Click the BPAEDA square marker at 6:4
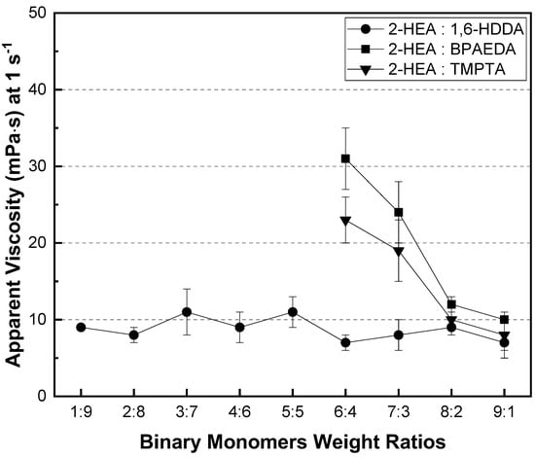pos(345,158)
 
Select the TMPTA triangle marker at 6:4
pos(345,221)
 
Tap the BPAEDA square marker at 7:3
pos(398,213)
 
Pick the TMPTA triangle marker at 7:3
pos(398,252)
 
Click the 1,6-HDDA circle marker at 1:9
pos(81,328)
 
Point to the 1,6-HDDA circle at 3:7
pos(187,312)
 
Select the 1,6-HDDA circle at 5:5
pos(293,312)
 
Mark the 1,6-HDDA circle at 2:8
pos(134,334)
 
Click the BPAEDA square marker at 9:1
pos(504,320)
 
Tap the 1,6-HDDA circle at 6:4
pos(345,342)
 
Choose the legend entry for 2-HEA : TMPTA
pos(426,70)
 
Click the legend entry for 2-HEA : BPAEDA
pos(432,50)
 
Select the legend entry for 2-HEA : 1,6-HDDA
pos(436,30)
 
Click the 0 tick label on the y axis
pos(41,397)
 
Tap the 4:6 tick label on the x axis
pos(239,412)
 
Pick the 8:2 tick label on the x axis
pos(451,412)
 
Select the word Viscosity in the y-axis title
pos(14,240)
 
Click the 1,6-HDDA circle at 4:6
pos(239,328)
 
